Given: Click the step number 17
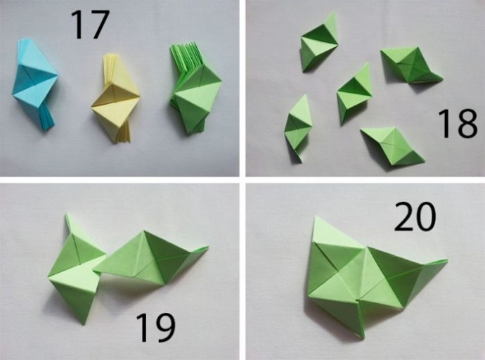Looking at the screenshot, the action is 90,25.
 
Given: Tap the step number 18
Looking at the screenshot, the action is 458,124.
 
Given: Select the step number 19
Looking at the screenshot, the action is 155,328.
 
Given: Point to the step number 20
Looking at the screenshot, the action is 415,217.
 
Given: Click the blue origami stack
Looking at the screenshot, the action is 34,84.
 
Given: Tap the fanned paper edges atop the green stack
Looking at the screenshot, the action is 187,56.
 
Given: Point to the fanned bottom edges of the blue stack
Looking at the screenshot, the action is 47,119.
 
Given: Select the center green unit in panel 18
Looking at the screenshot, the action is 354,93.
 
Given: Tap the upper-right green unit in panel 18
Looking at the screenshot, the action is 411,65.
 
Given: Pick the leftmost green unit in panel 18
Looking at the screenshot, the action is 298,127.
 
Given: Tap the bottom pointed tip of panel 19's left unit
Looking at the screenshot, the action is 83,324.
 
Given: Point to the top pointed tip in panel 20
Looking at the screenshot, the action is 315,217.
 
